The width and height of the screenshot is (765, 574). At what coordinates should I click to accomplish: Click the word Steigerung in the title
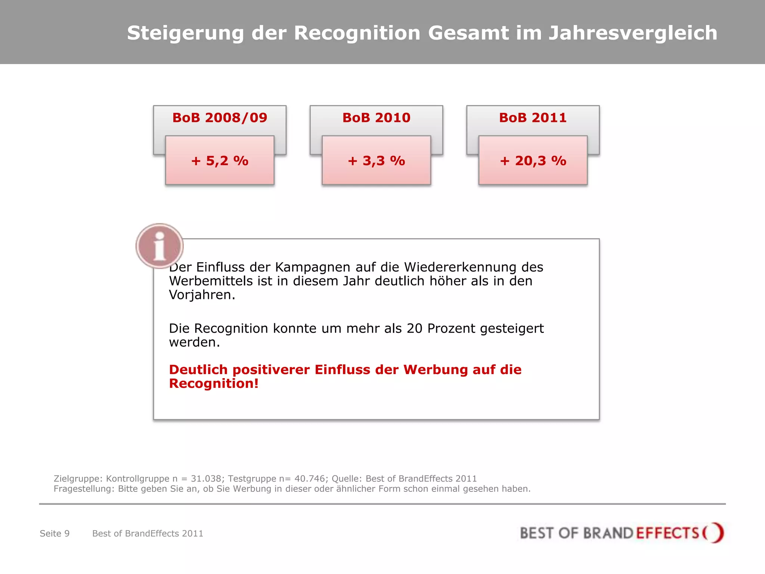coord(185,34)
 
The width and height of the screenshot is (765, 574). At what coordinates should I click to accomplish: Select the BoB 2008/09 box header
coord(220,118)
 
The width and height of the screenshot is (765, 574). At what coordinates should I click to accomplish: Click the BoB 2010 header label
coord(376,118)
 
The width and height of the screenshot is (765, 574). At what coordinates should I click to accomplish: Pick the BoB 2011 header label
coord(533,118)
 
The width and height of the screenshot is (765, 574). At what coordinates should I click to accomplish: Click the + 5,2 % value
coord(220,161)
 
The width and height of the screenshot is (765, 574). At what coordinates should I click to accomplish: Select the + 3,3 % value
coord(376,161)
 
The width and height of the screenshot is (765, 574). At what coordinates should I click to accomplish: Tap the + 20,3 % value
coord(533,161)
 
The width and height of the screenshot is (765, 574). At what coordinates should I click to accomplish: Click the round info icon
coord(159,246)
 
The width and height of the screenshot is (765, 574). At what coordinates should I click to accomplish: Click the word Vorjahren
coord(202,295)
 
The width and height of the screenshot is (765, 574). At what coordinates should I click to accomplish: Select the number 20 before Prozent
coord(414,328)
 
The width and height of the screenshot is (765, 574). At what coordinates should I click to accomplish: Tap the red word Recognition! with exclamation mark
coord(214,384)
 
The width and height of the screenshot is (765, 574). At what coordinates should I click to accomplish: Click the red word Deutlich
coord(198,370)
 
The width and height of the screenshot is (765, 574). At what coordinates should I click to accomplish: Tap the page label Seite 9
coord(55,534)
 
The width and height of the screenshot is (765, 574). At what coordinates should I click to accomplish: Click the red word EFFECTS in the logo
coord(667,533)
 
